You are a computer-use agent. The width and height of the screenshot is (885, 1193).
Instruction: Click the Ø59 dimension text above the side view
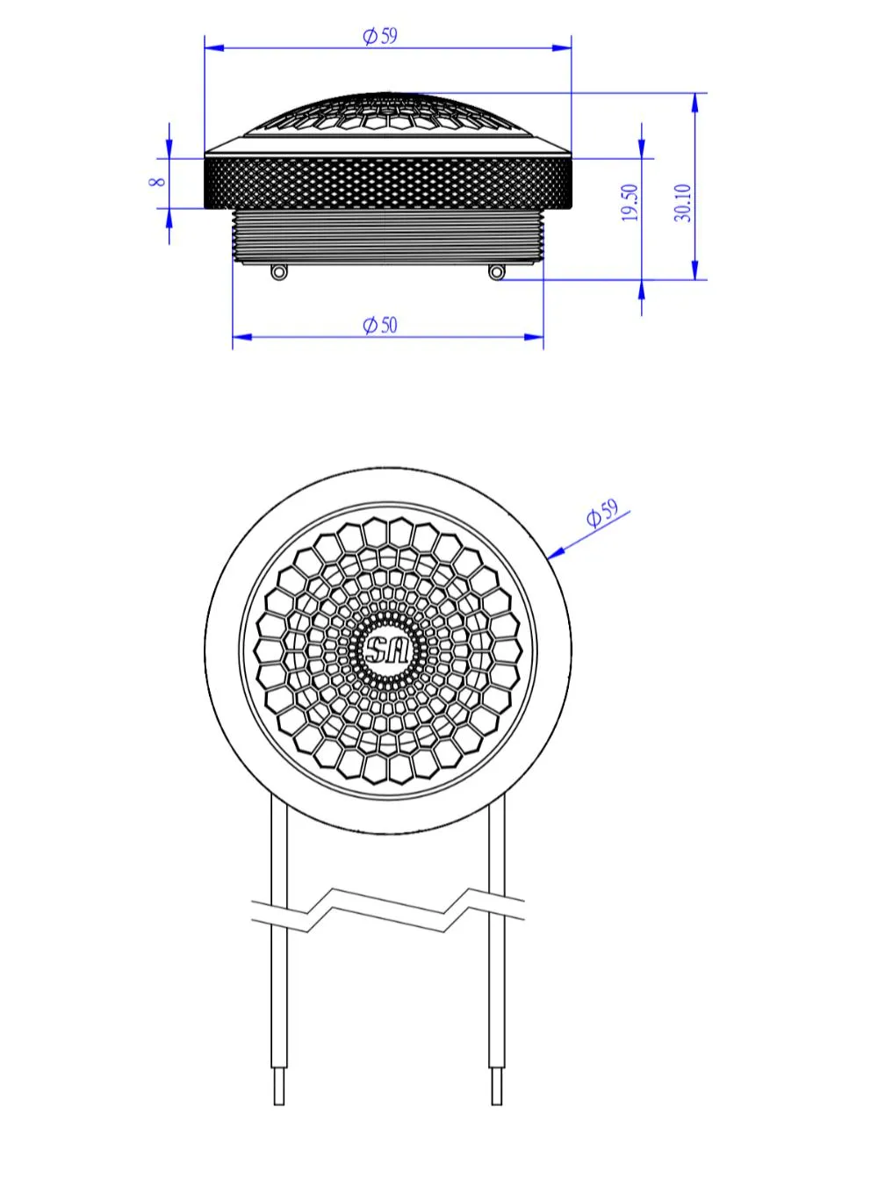click(x=380, y=36)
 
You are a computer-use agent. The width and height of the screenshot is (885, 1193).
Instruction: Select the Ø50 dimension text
click(x=380, y=325)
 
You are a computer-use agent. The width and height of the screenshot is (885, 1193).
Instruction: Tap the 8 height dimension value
click(x=158, y=182)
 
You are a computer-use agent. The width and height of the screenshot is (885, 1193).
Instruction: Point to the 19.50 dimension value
click(x=630, y=203)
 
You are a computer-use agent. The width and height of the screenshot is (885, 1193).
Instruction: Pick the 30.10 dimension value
click(x=683, y=203)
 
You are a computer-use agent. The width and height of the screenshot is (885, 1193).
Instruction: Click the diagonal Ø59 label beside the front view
click(x=602, y=513)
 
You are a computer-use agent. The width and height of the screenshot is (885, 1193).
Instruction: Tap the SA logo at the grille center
click(x=387, y=650)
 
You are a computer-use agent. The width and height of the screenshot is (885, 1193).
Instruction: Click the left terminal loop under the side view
click(x=278, y=272)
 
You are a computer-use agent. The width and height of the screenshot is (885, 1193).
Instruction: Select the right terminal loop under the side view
click(x=496, y=272)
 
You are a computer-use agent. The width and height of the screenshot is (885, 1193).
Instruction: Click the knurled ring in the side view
click(x=387, y=182)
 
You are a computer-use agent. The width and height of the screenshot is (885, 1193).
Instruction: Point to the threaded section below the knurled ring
click(x=387, y=235)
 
